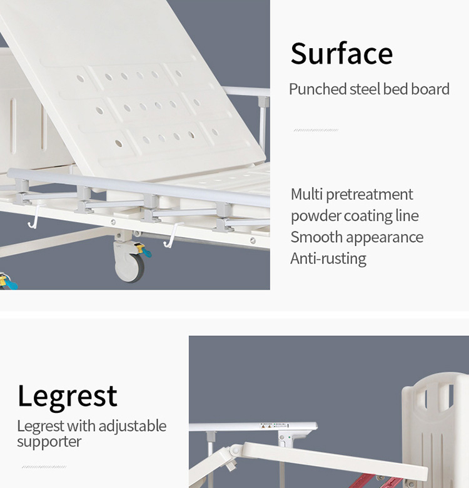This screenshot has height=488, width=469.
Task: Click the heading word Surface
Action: click(341, 54)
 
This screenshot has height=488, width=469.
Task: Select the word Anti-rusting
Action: click(328, 258)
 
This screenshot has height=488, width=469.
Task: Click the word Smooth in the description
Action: click(316, 237)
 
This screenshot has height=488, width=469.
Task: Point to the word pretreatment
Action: click(370, 195)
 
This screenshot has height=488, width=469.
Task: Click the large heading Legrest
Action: click(68, 397)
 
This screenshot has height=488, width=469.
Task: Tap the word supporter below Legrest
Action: click(49, 441)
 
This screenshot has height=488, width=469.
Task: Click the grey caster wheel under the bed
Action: click(129, 268)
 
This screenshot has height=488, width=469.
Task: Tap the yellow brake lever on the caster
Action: click(141, 248)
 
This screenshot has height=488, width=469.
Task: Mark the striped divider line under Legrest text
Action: click(44, 467)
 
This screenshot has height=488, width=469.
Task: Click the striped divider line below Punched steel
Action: click(316, 130)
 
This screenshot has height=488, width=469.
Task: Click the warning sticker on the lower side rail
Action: click(275, 425)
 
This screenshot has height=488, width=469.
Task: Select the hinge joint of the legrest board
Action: click(236, 450)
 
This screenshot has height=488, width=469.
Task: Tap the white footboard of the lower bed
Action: click(435, 429)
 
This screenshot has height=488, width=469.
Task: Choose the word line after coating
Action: click(407, 215)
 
